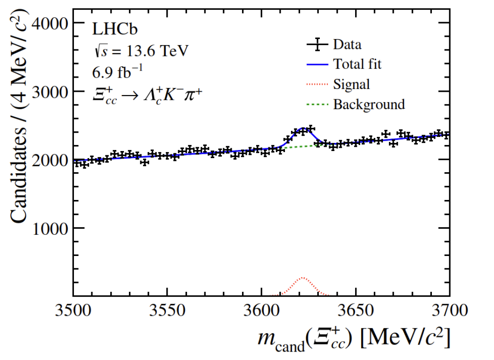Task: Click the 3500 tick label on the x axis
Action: pyautogui.click(x=73, y=311)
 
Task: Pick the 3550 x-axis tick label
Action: pyautogui.click(x=167, y=311)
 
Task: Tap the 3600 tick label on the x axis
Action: pyautogui.click(x=261, y=311)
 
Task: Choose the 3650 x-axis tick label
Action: pyautogui.click(x=356, y=311)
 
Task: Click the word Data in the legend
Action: pyautogui.click(x=348, y=45)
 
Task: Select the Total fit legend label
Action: pyautogui.click(x=357, y=64)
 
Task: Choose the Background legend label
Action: pyautogui.click(x=369, y=104)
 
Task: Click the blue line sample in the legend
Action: pyautogui.click(x=316, y=64)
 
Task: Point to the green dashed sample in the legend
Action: pyautogui.click(x=316, y=104)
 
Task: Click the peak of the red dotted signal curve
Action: pyautogui.click(x=302, y=278)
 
